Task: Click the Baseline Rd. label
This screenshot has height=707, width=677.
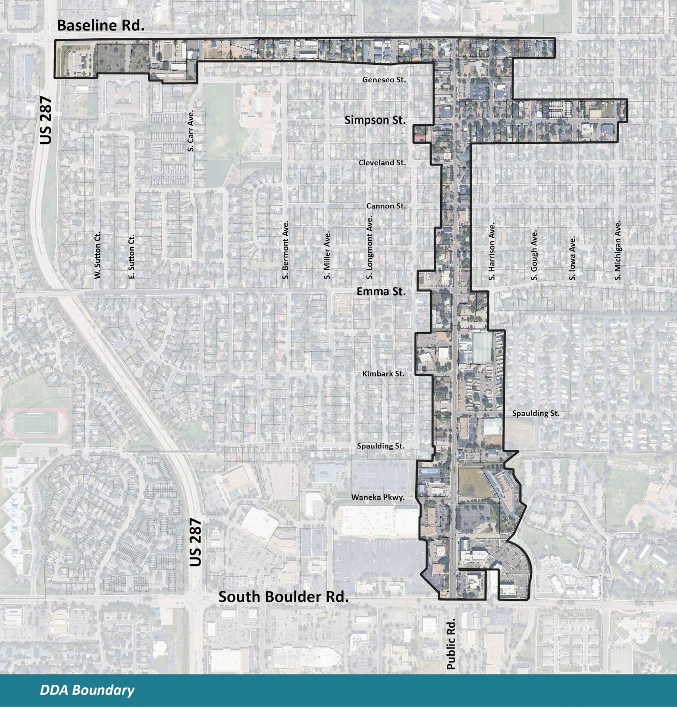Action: click(100, 26)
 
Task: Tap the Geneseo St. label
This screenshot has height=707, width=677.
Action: click(384, 80)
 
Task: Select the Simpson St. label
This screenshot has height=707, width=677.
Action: click(375, 120)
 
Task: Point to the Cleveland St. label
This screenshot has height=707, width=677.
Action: click(382, 163)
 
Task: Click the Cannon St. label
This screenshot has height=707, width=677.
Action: click(386, 206)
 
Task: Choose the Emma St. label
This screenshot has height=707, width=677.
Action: click(381, 291)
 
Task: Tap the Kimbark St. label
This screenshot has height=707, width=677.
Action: click(383, 373)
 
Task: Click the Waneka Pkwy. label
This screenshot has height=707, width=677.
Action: click(377, 497)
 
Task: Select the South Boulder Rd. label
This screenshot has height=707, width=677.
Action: click(284, 597)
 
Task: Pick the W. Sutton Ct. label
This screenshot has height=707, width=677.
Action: click(98, 256)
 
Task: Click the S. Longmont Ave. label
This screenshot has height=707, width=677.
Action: click(370, 248)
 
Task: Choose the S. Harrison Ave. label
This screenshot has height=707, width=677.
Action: click(492, 252)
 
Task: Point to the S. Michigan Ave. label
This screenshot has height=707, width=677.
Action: click(618, 250)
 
